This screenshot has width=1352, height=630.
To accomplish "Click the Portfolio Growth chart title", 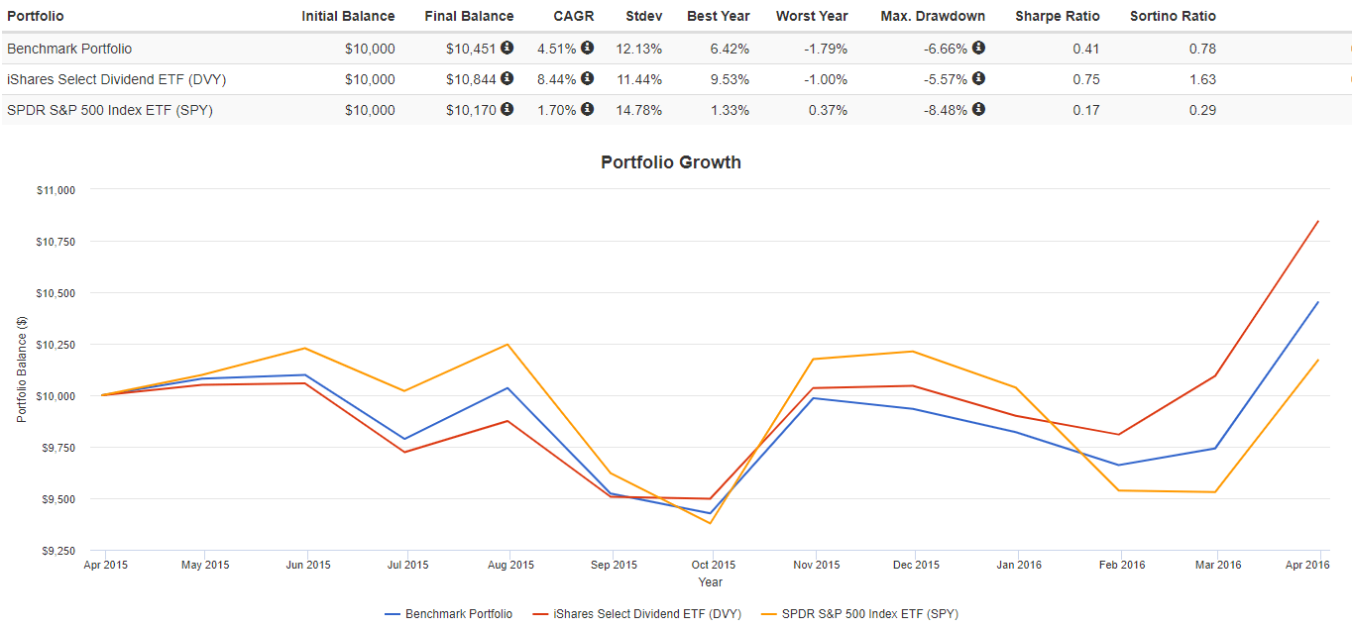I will [670, 162].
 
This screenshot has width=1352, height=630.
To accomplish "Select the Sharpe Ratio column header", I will [1058, 16].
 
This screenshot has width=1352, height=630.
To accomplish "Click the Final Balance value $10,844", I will [472, 79].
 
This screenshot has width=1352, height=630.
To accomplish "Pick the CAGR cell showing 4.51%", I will [556, 49].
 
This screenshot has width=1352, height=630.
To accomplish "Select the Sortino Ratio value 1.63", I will [1202, 79].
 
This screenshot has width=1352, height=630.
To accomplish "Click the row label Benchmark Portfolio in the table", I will [68, 49].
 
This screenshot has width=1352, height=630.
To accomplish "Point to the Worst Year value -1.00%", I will [826, 79].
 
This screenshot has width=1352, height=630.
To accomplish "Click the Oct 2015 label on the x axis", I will [714, 566].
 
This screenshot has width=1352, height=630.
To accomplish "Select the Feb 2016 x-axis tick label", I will [1122, 566].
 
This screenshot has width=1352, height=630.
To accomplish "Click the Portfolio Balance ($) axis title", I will [22, 369].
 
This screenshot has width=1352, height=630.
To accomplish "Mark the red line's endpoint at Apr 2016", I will [1318, 221].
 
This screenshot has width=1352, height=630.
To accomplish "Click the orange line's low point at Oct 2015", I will [711, 523].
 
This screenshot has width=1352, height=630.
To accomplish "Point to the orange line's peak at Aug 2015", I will [508, 345].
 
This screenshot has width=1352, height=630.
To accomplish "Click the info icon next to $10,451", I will [507, 48].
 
